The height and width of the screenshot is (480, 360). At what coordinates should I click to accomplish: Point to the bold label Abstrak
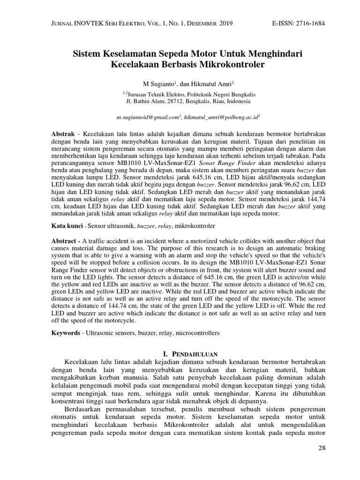[63, 134]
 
